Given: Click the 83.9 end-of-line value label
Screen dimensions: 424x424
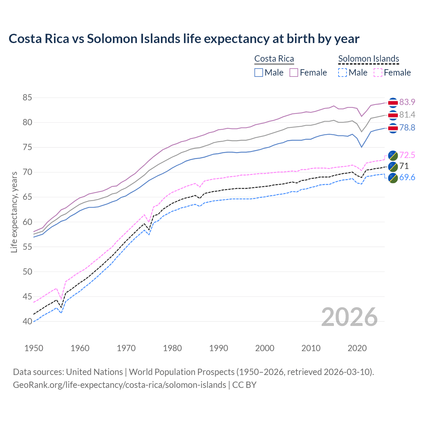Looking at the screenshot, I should [407, 102].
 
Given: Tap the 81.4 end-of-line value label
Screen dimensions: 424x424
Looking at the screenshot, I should [407, 115].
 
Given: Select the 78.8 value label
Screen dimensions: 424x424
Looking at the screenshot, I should [407, 128].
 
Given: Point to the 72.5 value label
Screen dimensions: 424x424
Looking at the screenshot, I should [407, 155].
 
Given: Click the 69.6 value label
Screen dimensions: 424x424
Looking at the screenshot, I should [407, 178].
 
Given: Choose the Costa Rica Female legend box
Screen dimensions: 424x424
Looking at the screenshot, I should [294, 73].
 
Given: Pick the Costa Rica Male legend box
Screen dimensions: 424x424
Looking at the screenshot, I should [259, 73].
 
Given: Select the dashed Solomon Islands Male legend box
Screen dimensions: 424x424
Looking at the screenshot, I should [343, 73].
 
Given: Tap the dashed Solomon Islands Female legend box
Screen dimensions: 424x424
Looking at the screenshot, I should [378, 73].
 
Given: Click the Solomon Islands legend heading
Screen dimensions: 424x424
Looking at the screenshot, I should [368, 59].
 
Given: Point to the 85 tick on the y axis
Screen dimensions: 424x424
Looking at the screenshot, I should [27, 98].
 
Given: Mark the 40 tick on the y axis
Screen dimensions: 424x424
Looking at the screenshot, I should [27, 321].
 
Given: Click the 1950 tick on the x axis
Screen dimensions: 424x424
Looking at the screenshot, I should [34, 348].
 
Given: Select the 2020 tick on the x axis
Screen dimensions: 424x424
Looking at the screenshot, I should [357, 348].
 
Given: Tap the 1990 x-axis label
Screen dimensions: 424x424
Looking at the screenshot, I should [219, 348].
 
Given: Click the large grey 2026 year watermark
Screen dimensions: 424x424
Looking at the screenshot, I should [349, 317].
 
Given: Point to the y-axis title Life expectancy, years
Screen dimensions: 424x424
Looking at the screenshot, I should [14, 212].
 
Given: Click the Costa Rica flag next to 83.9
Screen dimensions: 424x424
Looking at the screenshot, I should [393, 103].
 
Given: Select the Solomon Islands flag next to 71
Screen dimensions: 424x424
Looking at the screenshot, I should [393, 166].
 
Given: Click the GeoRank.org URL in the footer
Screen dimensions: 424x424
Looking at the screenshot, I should [119, 385].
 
